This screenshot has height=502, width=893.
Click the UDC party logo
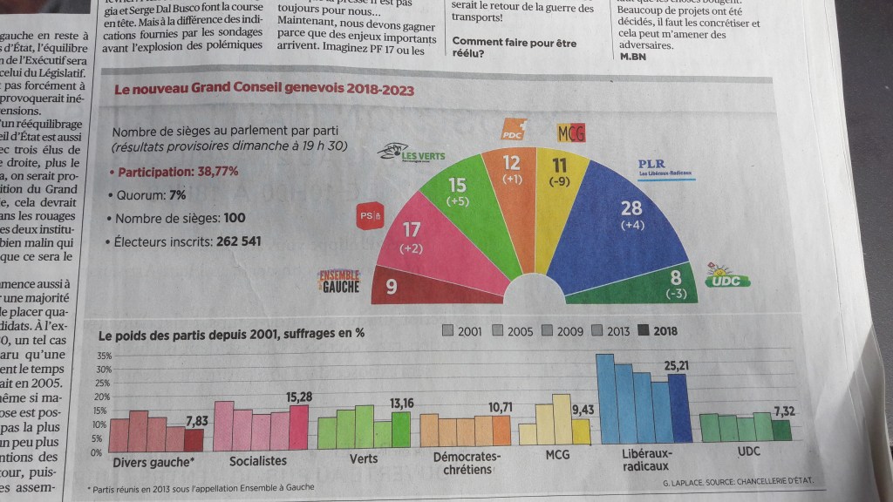728,275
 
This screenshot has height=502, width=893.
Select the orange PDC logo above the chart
514,130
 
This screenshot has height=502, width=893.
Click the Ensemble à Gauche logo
338,281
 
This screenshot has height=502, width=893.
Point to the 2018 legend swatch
646,331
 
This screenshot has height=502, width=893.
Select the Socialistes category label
258,460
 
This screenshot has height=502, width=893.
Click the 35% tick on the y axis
103,356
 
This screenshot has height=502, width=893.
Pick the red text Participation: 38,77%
178,171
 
